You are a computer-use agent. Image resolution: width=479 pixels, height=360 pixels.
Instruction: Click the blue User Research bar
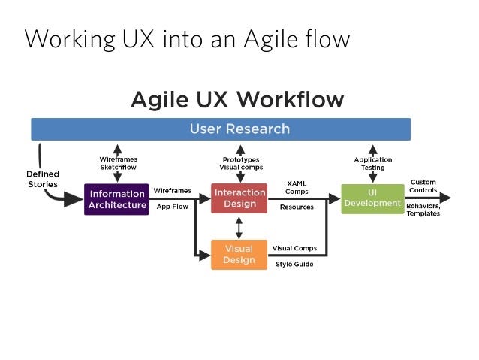[x=221, y=129]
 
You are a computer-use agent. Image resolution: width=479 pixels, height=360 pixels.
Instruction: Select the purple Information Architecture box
[x=116, y=199]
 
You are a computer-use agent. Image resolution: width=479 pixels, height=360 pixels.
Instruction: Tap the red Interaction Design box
[x=239, y=198]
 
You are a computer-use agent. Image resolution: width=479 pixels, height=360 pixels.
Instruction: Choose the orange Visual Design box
[x=239, y=255]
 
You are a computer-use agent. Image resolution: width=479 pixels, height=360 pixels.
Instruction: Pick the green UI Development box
[x=372, y=199]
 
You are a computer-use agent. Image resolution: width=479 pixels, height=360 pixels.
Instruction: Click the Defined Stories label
[x=43, y=179]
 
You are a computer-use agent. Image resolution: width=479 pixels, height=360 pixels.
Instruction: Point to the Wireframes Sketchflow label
[x=118, y=163]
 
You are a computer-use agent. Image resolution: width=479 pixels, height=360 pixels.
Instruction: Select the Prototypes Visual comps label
[x=241, y=164]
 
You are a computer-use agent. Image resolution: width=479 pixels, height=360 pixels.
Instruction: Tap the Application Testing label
[x=373, y=164]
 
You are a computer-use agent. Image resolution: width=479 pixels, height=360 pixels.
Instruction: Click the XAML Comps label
[x=297, y=187]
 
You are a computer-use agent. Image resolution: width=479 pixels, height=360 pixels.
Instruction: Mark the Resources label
[x=297, y=207]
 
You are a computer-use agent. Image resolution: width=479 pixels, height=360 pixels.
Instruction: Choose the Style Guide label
[x=294, y=264]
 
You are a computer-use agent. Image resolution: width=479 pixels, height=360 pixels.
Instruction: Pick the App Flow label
[x=172, y=207]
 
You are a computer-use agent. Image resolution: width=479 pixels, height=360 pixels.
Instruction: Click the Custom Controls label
[x=423, y=186]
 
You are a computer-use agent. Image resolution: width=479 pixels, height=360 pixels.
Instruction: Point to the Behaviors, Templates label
[x=423, y=210]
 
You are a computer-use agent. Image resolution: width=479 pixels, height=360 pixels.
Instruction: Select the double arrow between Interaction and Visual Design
[x=239, y=228]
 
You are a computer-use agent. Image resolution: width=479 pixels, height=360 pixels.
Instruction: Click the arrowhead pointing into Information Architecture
[x=74, y=200]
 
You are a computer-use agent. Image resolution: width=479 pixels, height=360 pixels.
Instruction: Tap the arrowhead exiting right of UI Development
[x=445, y=198]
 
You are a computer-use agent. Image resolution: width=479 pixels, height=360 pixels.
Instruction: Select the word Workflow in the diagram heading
[x=291, y=100]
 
